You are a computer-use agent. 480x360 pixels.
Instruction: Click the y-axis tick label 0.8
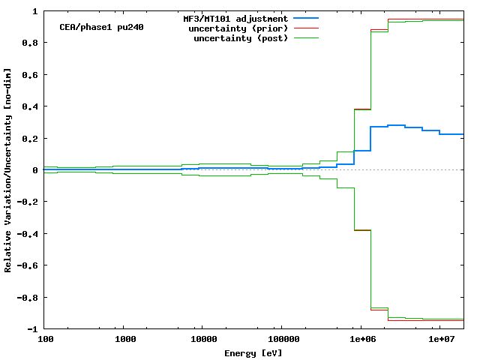tap(31, 43)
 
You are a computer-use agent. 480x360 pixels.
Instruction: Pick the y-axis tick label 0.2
tap(31, 139)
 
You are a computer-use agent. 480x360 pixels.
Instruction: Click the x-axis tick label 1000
tap(126, 340)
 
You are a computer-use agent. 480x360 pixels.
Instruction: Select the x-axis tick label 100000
tap(280, 340)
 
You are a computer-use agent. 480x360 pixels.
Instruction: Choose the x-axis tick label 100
tap(46, 340)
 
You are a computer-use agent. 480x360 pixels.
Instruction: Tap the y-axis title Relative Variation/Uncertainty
tap(8, 170)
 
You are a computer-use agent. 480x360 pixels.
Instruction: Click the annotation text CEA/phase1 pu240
tap(101, 27)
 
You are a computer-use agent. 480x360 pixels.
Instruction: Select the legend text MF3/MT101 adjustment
tap(235, 18)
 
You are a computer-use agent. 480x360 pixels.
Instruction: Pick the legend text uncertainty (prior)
tap(241, 28)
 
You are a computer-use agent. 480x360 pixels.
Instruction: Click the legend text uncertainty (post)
tap(241, 37)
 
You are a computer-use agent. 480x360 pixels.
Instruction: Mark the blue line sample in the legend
tap(306, 18)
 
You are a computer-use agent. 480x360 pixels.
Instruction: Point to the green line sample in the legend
tap(306, 37)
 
